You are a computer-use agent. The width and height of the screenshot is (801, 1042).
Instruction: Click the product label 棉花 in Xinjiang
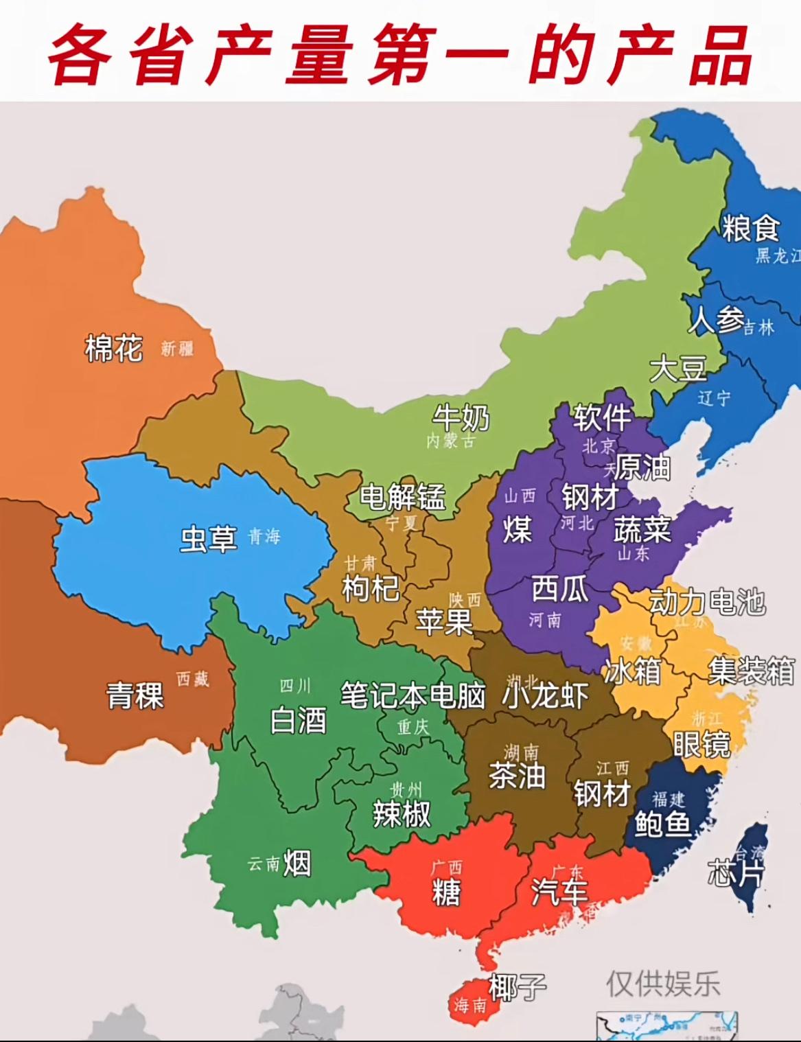tap(113, 349)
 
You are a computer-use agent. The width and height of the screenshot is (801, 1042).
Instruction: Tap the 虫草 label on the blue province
tap(209, 539)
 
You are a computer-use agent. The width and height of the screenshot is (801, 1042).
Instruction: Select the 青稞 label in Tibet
tap(135, 696)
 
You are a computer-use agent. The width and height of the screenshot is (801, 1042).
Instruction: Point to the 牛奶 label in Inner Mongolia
tap(461, 417)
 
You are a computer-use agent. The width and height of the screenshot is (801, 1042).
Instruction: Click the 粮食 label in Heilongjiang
tap(750, 228)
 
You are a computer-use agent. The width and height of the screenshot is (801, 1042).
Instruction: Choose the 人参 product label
tap(716, 320)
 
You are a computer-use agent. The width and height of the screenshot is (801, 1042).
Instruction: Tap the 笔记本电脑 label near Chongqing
tap(413, 695)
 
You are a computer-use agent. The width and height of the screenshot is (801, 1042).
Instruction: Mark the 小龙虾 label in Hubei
tap(546, 695)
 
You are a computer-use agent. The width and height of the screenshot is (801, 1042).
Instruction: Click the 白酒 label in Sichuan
tap(298, 721)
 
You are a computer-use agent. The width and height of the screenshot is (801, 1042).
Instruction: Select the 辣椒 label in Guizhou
tap(402, 815)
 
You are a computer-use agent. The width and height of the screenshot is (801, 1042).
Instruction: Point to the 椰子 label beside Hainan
tap(518, 987)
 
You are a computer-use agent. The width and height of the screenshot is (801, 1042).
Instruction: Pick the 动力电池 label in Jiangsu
tap(707, 602)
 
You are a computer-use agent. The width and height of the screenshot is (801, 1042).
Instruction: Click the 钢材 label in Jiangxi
tap(603, 794)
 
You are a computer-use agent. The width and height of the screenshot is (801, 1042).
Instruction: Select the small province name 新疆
tap(177, 349)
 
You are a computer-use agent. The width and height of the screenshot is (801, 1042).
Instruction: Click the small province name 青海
tap(264, 536)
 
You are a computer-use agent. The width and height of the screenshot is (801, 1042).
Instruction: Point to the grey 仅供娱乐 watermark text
tap(662, 984)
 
